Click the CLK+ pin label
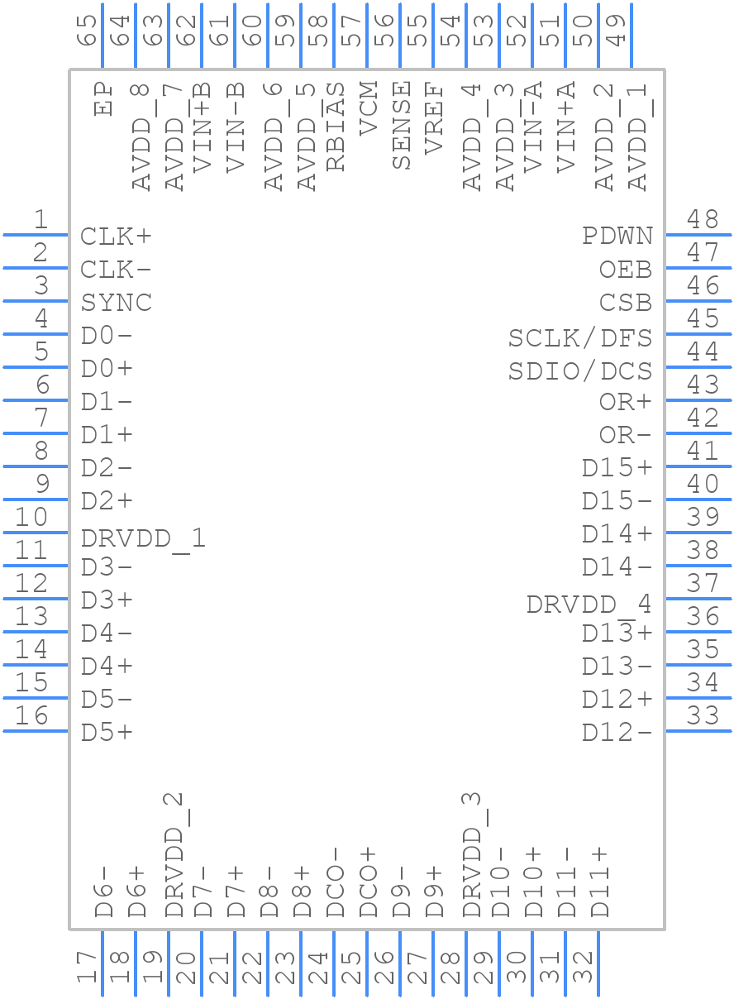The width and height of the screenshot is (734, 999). point(116,237)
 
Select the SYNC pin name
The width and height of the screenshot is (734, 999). point(116,303)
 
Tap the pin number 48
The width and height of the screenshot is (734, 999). point(703,220)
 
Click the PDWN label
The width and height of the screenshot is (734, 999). point(617,237)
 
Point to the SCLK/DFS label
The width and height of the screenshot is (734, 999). point(579,338)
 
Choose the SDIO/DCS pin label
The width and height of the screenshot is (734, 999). point(579,371)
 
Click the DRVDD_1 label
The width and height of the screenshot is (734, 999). point(142,538)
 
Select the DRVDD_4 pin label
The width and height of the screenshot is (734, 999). point(589,605)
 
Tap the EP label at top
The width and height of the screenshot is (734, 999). point(103,98)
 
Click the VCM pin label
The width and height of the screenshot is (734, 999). point(368,108)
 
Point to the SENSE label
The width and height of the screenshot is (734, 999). point(401,126)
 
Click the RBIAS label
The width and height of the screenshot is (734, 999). point(335,126)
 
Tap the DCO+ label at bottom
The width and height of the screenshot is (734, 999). point(368,882)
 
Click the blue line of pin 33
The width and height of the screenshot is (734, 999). point(698,731)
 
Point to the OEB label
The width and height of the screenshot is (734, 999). point(625,270)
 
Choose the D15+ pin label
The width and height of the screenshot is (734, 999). point(617,468)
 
